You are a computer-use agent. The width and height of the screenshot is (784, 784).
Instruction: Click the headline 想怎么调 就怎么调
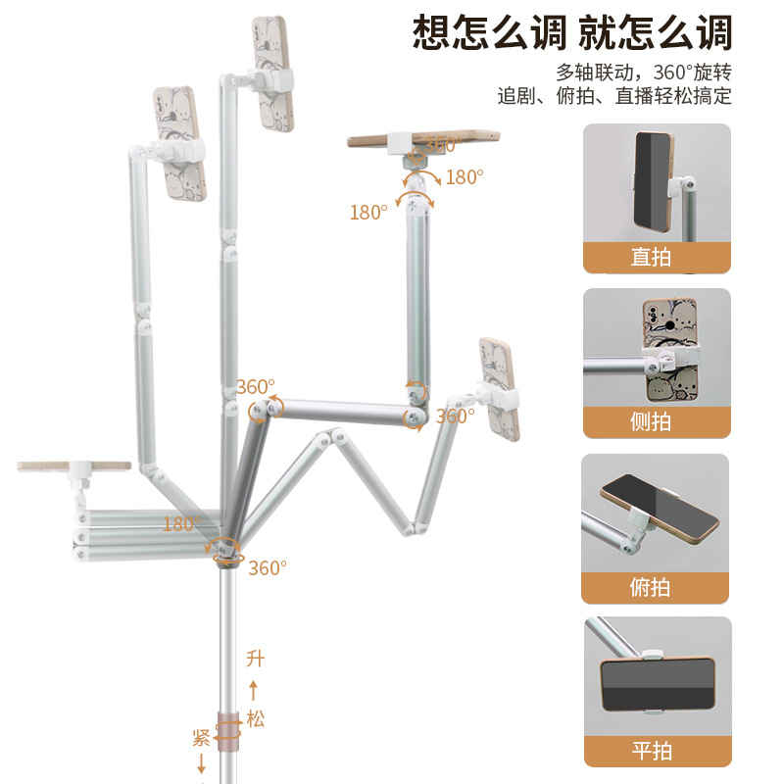pyautogui.click(x=572, y=33)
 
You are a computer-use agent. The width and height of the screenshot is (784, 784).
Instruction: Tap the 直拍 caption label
pyautogui.click(x=651, y=257)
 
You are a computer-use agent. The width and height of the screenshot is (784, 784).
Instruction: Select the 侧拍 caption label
pyautogui.click(x=651, y=421)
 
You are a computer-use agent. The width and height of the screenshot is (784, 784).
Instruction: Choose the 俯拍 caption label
pyautogui.click(x=650, y=587)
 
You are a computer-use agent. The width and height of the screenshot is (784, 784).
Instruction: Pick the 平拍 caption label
pyautogui.click(x=652, y=751)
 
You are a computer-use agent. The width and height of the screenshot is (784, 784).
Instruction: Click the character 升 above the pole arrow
pyautogui.click(x=255, y=659)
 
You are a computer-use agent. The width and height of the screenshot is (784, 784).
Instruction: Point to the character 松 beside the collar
pyautogui.click(x=255, y=719)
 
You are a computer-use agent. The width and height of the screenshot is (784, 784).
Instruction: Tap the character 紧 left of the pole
pyautogui.click(x=201, y=738)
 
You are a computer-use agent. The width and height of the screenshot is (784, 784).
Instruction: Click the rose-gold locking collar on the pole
pyautogui.click(x=228, y=731)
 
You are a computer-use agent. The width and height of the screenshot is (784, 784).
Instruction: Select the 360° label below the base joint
pyautogui.click(x=268, y=568)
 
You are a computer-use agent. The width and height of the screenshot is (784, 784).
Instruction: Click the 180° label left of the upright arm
pyautogui.click(x=368, y=213)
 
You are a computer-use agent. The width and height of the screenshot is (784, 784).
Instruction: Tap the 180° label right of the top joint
pyautogui.click(x=465, y=177)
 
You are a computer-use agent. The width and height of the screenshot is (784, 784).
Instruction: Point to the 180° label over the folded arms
pyautogui.click(x=182, y=523)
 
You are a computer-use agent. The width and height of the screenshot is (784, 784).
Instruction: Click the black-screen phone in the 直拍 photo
pyautogui.click(x=654, y=182)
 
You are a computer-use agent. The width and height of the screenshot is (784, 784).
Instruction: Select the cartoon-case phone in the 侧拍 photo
pyautogui.click(x=670, y=350)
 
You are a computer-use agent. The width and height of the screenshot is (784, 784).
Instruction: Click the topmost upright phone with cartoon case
pyautogui.click(x=272, y=74)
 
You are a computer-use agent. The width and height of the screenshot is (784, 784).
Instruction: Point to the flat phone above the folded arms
pyautogui.click(x=74, y=466)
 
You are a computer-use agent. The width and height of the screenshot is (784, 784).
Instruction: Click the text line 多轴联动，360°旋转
pyautogui.click(x=644, y=73)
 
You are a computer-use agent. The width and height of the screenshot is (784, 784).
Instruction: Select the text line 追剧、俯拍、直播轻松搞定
pyautogui.click(x=614, y=95)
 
